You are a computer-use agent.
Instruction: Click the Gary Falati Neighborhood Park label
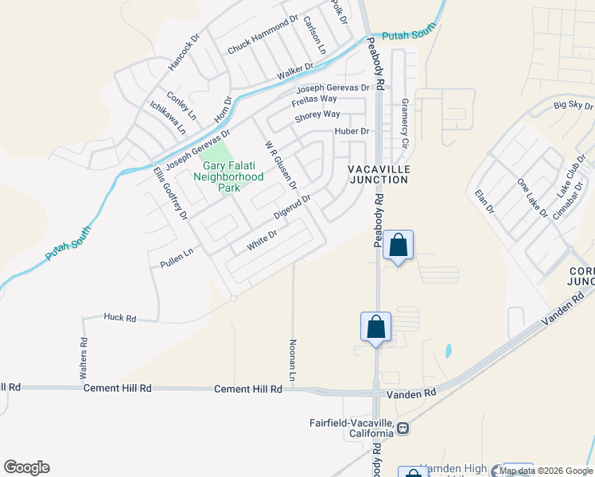[229, 176]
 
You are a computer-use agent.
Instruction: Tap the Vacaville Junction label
[379, 175]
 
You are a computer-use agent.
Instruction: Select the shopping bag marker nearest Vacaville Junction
[399, 246]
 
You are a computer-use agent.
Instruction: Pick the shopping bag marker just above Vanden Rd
[375, 327]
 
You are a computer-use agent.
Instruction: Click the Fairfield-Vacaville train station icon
[403, 428]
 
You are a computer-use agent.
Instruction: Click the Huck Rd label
[120, 317]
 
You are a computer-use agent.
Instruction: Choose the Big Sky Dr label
[574, 105]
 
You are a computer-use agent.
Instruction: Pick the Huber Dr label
[352, 131]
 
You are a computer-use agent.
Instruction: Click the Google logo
[26, 467]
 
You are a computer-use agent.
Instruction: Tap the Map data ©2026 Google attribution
[546, 471]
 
